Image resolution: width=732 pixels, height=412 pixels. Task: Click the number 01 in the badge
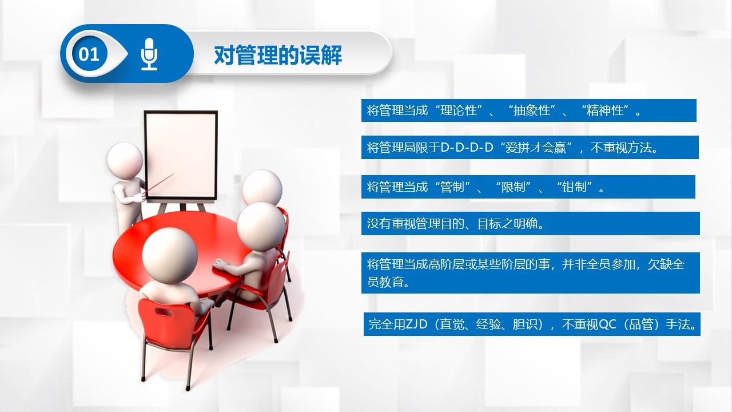(x=89, y=54)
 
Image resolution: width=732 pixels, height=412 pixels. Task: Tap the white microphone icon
(x=149, y=54)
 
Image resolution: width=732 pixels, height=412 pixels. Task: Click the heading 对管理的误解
(x=278, y=55)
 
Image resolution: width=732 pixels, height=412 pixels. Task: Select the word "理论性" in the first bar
(x=459, y=110)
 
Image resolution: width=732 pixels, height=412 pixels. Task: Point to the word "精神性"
(x=604, y=110)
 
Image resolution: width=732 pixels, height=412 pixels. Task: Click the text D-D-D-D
(x=467, y=148)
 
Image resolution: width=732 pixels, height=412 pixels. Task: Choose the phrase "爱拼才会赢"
(x=536, y=148)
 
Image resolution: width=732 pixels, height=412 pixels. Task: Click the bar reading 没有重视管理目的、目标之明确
(x=530, y=223)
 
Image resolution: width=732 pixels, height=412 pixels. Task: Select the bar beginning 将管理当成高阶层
(x=530, y=273)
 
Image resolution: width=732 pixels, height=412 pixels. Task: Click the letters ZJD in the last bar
(x=416, y=324)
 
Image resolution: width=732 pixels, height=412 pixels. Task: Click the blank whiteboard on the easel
(x=181, y=155)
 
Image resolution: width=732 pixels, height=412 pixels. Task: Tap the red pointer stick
(x=160, y=184)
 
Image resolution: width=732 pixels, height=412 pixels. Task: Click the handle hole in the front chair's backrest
(x=164, y=312)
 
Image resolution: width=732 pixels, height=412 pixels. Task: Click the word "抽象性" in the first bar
(x=532, y=110)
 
